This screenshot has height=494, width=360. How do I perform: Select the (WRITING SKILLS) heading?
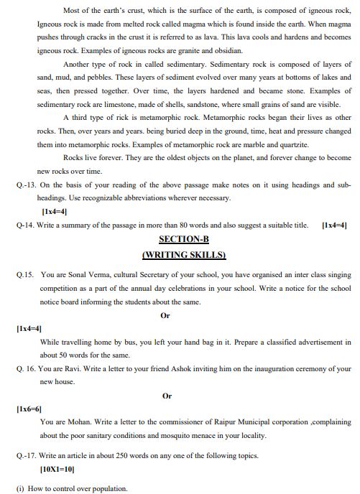click(x=184, y=254)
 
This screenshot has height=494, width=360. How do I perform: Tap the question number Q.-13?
click(x=27, y=185)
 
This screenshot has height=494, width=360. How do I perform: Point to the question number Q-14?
click(x=27, y=225)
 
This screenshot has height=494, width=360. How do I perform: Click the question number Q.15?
click(x=26, y=274)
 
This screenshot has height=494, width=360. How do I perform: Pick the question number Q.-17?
click(x=27, y=455)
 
